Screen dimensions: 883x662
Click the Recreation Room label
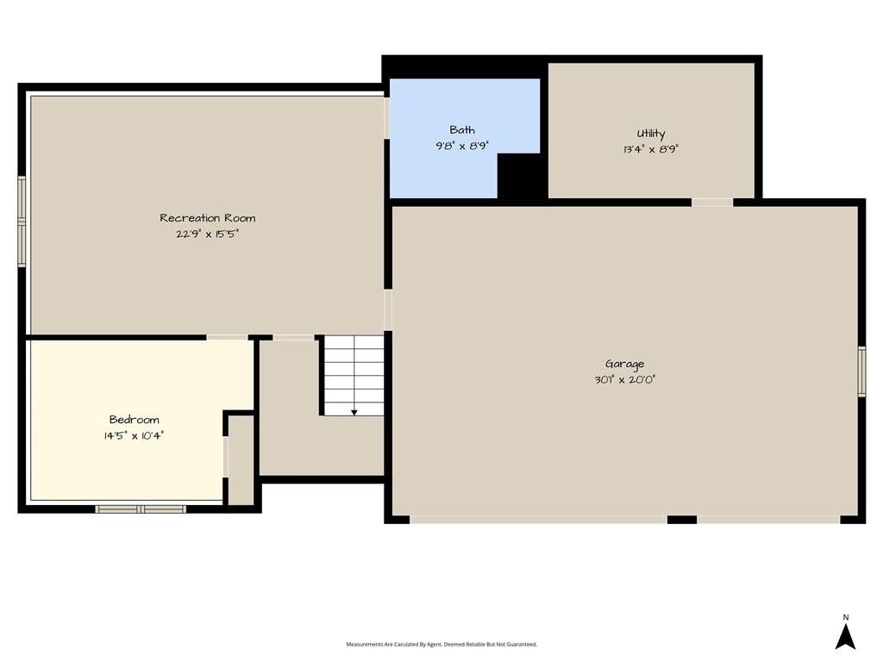(207, 218)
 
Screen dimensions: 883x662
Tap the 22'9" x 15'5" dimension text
(207, 234)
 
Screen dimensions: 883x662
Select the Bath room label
(462, 129)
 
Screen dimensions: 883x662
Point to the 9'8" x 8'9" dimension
(462, 145)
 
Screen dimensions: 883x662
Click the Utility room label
(651, 134)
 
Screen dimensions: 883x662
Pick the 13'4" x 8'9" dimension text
(651, 149)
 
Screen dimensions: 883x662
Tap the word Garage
(624, 365)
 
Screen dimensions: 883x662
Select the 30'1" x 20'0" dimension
(624, 379)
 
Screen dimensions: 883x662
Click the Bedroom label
(134, 420)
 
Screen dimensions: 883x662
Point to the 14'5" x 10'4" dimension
(134, 435)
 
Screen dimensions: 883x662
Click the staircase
(354, 376)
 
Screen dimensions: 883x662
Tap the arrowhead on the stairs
(354, 413)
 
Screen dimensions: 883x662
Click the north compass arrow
(845, 637)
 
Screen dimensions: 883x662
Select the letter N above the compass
(846, 617)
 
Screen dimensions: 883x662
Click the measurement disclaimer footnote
(441, 644)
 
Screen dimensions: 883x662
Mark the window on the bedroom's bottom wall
(141, 509)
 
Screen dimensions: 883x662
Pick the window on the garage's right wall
(861, 372)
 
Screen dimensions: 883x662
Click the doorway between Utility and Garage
(712, 203)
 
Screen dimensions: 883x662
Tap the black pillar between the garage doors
(682, 520)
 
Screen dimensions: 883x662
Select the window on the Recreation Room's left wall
(22, 221)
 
